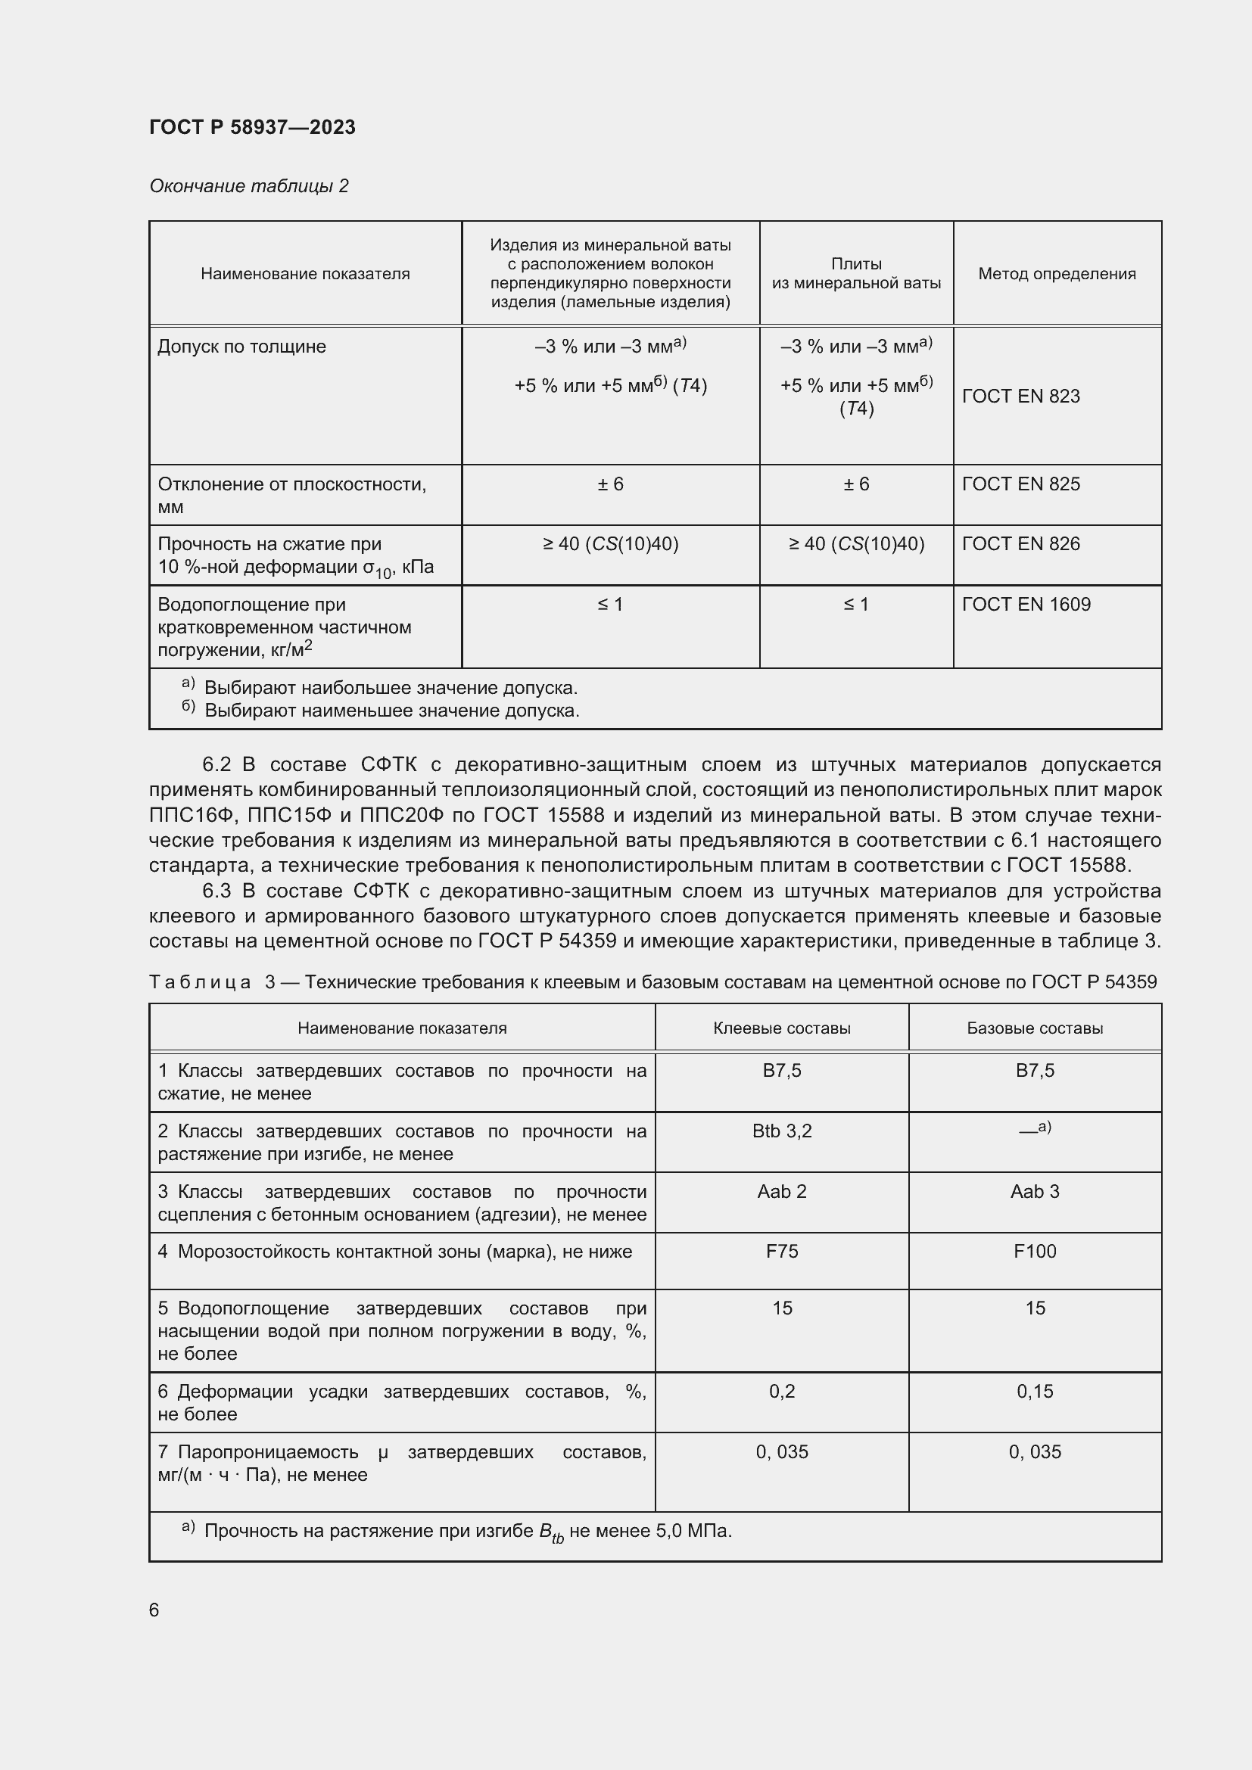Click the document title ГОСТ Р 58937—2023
[x=252, y=127]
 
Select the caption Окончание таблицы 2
[x=248, y=186]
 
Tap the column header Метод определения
[x=1056, y=274]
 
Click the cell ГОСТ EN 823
[x=1020, y=397]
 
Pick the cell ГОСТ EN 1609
[x=1026, y=605]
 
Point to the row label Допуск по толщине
[x=241, y=347]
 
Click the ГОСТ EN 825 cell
[x=1020, y=484]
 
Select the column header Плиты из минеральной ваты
[x=856, y=274]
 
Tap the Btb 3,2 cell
[x=782, y=1131]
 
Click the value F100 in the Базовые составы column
[x=1035, y=1251]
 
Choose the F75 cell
[x=782, y=1251]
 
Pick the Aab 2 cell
[x=782, y=1191]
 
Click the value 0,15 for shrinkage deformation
[x=1035, y=1392]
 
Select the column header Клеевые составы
[x=782, y=1028]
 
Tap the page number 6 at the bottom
[x=154, y=1610]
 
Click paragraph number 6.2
[x=216, y=765]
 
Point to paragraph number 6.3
[x=216, y=891]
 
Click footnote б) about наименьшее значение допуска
[x=382, y=711]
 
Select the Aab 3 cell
[x=1035, y=1191]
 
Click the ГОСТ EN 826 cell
[x=1020, y=544]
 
